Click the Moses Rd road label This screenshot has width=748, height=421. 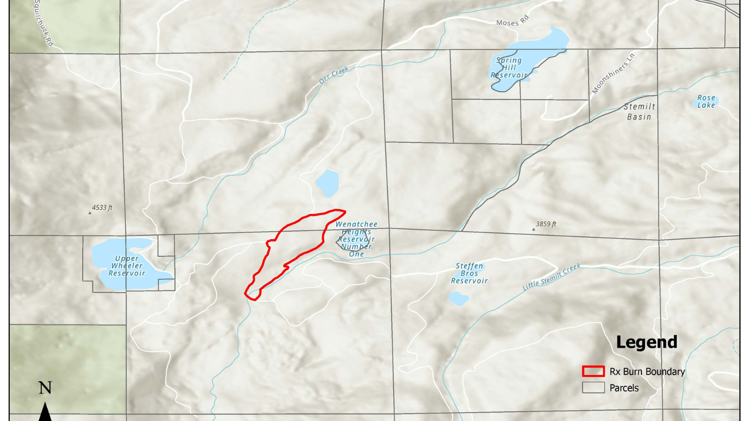512,21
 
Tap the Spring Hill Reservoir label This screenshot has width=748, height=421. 509,68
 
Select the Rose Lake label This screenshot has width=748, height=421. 706,102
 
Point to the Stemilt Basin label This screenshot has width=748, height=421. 639,112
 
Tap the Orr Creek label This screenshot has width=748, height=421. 334,75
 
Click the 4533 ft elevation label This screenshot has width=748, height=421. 102,208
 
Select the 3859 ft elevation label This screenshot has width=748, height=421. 546,224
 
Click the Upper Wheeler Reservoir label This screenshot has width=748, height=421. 127,266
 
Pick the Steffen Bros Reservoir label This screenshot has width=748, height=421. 469,273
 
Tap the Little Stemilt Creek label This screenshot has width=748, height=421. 551,277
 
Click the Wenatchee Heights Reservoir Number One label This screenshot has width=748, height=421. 356,239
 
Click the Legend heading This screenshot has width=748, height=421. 647,342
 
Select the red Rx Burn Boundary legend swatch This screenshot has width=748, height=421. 593,371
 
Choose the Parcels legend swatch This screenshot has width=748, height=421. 593,388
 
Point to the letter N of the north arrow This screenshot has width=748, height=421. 45,388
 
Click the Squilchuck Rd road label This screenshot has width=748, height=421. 43,23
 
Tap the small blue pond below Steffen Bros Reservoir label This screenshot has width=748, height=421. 458,298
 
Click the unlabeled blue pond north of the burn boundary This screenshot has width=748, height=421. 327,183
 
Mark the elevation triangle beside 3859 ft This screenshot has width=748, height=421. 533,229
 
